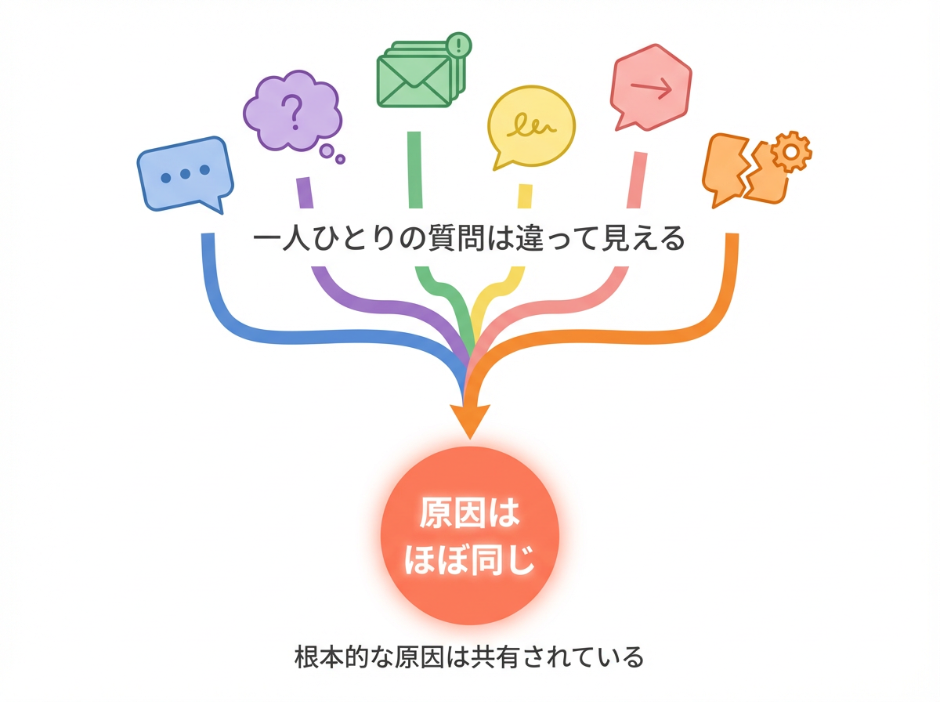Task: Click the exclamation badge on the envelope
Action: click(457, 43)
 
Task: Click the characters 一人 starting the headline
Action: click(285, 238)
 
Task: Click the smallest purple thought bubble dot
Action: click(341, 159)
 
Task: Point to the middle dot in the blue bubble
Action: click(185, 174)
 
